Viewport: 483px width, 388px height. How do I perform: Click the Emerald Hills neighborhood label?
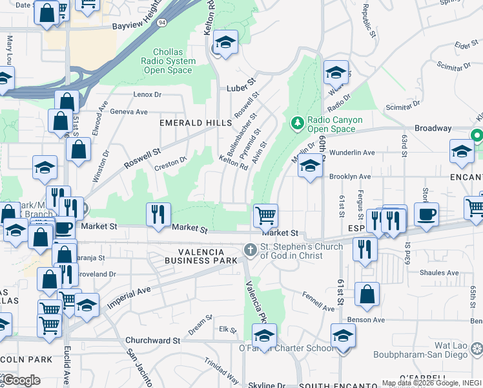(x=196, y=123)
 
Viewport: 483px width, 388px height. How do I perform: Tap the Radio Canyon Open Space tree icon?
(x=297, y=122)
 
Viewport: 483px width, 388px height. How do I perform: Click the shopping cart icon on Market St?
(x=265, y=215)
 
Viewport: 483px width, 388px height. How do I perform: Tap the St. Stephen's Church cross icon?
(x=250, y=250)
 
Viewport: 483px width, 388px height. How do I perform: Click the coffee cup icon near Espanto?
(x=426, y=215)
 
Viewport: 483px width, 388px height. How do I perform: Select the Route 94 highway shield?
(x=161, y=22)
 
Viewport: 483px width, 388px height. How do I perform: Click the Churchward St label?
(x=152, y=340)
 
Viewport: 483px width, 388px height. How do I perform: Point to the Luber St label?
(x=241, y=87)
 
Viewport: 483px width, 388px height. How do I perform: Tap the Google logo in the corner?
(x=21, y=380)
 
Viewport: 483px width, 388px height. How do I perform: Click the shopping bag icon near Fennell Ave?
(x=367, y=294)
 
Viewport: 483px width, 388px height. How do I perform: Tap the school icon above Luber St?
(x=225, y=43)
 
